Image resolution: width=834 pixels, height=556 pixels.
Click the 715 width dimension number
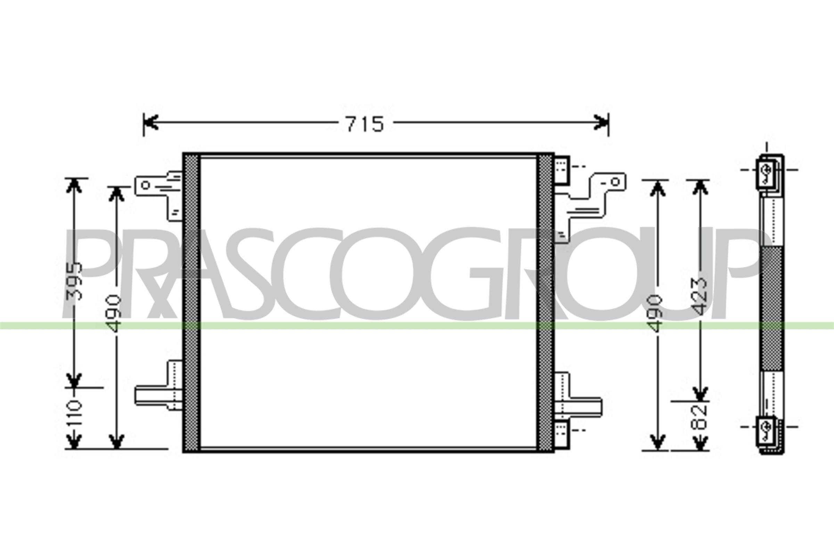click(x=365, y=124)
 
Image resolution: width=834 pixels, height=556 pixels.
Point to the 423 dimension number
click(x=700, y=297)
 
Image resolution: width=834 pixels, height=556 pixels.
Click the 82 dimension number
click(x=700, y=417)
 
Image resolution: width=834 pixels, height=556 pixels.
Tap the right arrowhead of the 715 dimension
click(x=602, y=122)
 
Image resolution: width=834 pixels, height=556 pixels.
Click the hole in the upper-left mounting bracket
click(x=145, y=185)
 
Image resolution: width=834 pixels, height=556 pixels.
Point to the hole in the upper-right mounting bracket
click(x=614, y=182)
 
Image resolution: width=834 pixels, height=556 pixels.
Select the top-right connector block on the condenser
click(x=562, y=171)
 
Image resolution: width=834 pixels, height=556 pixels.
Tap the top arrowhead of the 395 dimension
click(x=74, y=185)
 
